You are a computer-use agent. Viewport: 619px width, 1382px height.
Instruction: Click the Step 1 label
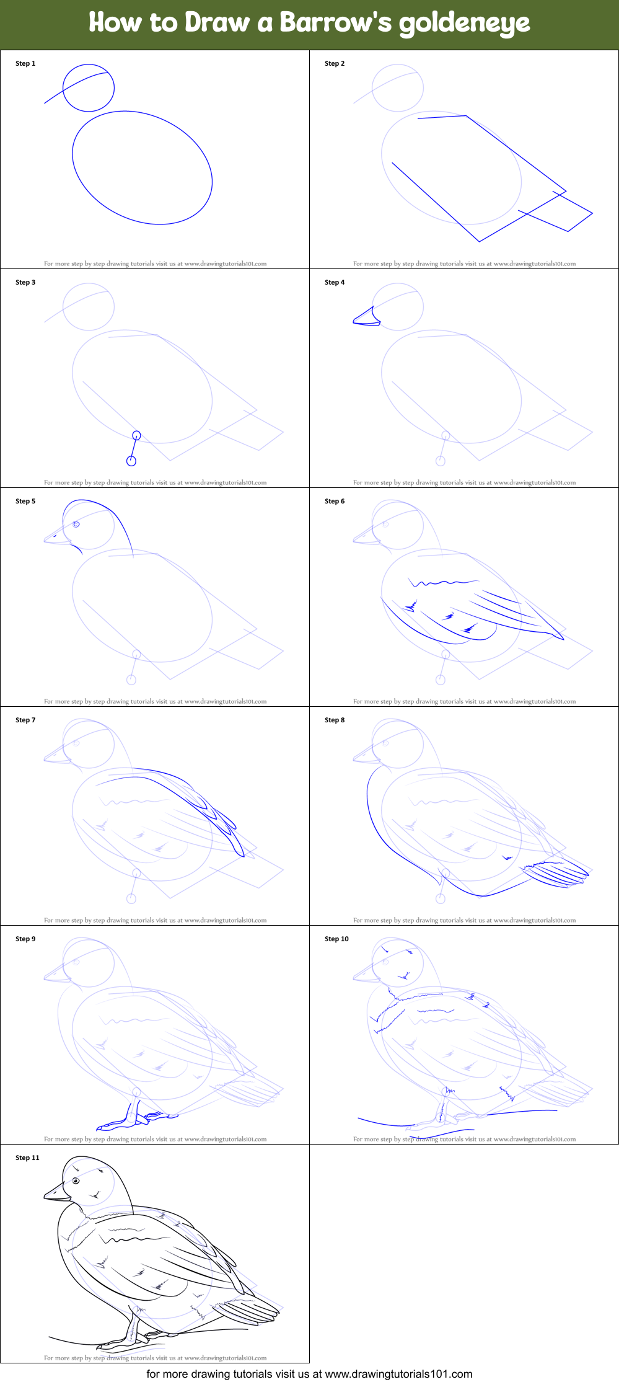pos(25,63)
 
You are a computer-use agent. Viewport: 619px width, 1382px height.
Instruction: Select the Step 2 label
pos(335,63)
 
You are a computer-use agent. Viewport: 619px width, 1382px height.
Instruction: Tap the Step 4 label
pos(335,282)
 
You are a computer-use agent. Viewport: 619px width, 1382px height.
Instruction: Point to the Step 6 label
pos(335,501)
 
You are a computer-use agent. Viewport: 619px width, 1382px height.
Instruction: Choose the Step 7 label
pos(25,720)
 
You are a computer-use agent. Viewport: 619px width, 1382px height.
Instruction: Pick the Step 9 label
pos(25,939)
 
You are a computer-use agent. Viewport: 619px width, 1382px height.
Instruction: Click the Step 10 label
pos(336,939)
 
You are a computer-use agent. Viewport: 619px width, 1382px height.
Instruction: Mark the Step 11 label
pos(27,1158)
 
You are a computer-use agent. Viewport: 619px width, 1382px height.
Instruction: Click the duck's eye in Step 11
pos(76,1181)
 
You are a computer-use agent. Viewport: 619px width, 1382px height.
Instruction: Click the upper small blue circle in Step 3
pos(137,435)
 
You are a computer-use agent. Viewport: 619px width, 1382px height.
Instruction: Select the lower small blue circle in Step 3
pos(131,461)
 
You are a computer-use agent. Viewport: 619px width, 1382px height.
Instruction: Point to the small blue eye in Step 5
pos(76,524)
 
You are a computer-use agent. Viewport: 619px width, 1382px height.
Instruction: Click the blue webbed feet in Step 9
pos(136,1119)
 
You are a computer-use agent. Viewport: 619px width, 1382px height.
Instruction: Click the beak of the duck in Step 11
pos(57,1192)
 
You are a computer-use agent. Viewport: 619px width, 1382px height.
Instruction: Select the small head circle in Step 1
pos(89,88)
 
